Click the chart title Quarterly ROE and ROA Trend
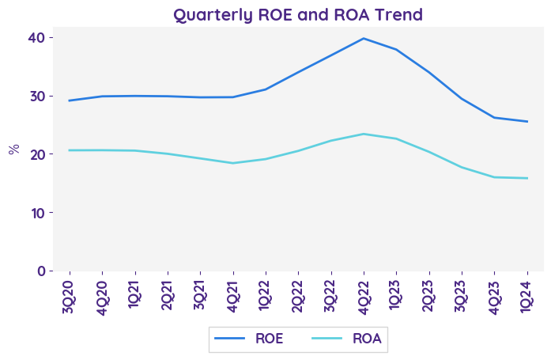point(298,14)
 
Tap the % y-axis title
point(13,149)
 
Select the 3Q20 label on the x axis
point(70,294)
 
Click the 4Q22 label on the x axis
point(363,294)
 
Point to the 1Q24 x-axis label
point(527,294)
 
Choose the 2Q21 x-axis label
point(168,294)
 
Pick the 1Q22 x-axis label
point(266,294)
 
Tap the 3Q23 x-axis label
point(462,294)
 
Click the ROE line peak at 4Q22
point(363,38)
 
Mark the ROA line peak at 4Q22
point(363,134)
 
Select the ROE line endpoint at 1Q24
point(527,121)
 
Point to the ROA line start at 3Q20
point(70,150)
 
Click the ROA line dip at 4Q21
point(232,163)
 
